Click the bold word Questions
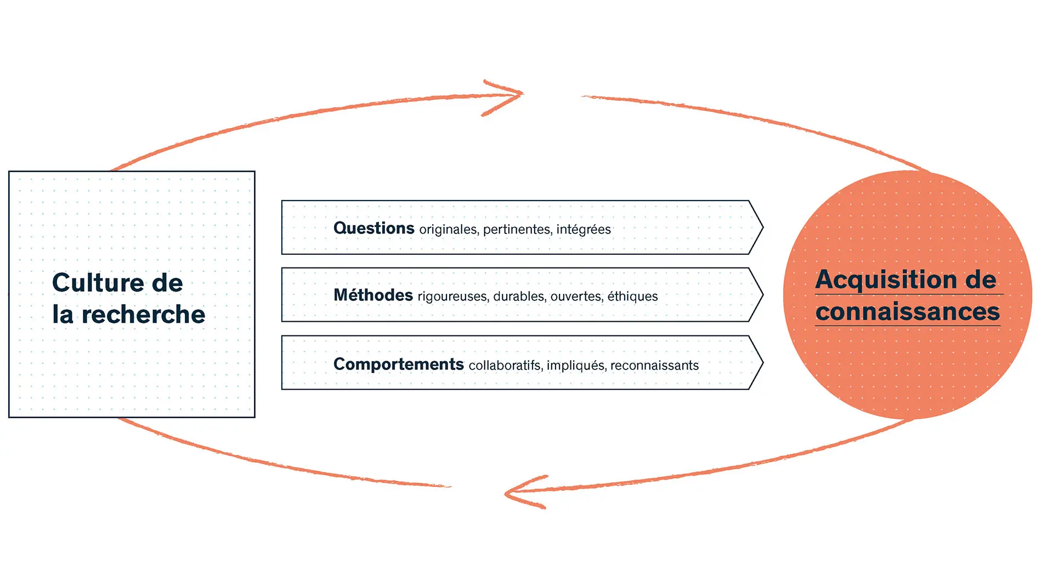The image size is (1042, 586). tap(373, 228)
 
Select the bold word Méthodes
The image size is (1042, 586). tap(373, 295)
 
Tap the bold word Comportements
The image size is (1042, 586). tap(399, 364)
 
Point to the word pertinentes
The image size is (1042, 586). tap(517, 229)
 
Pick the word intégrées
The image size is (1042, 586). tap(584, 229)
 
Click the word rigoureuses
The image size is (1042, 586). tap(453, 297)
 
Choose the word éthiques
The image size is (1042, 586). tap(633, 296)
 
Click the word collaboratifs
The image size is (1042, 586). tap(506, 365)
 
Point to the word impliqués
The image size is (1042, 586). tap(576, 366)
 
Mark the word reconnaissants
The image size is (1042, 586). tap(655, 365)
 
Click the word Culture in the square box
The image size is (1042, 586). tap(99, 283)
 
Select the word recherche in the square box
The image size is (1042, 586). tap(144, 315)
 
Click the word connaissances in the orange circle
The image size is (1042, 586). tap(908, 312)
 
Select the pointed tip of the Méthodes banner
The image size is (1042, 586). tap(763, 295)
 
